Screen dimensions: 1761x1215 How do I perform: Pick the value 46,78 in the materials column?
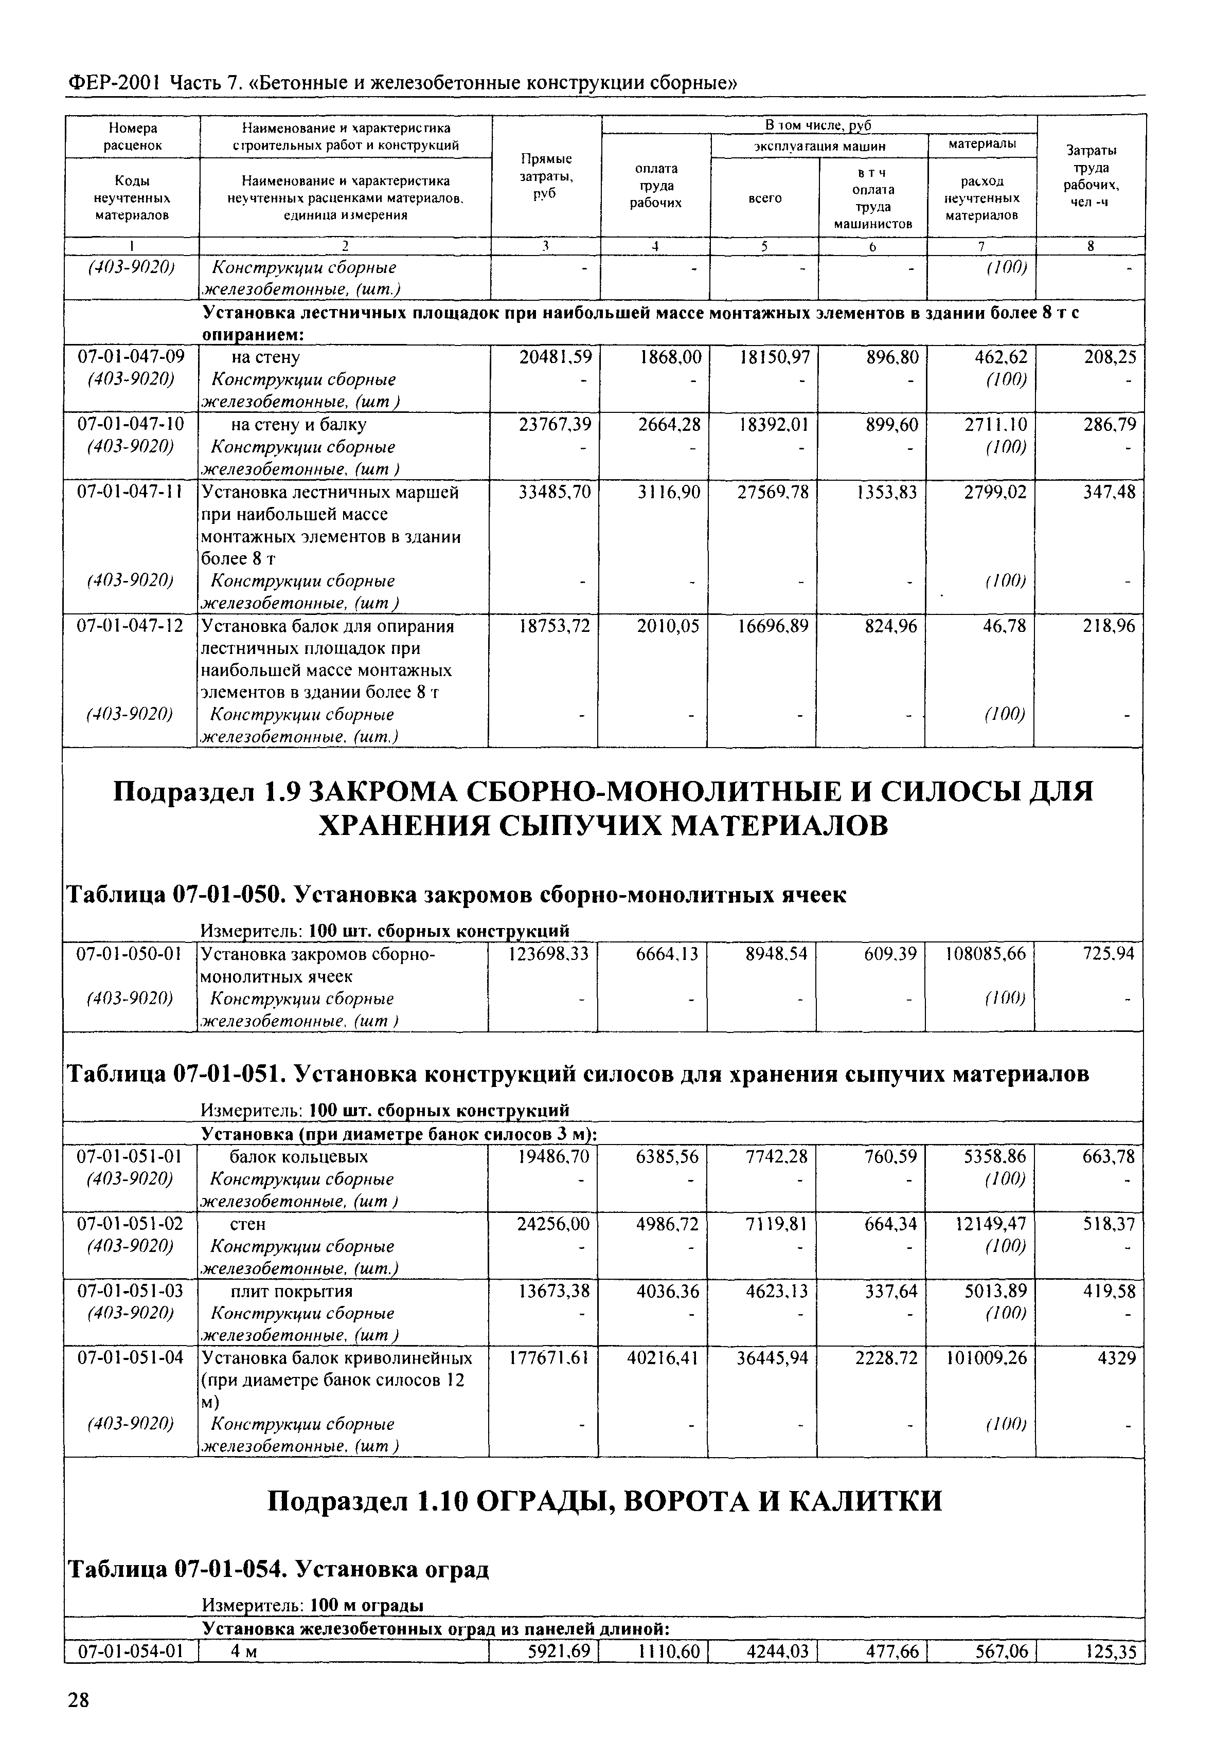1002,626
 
